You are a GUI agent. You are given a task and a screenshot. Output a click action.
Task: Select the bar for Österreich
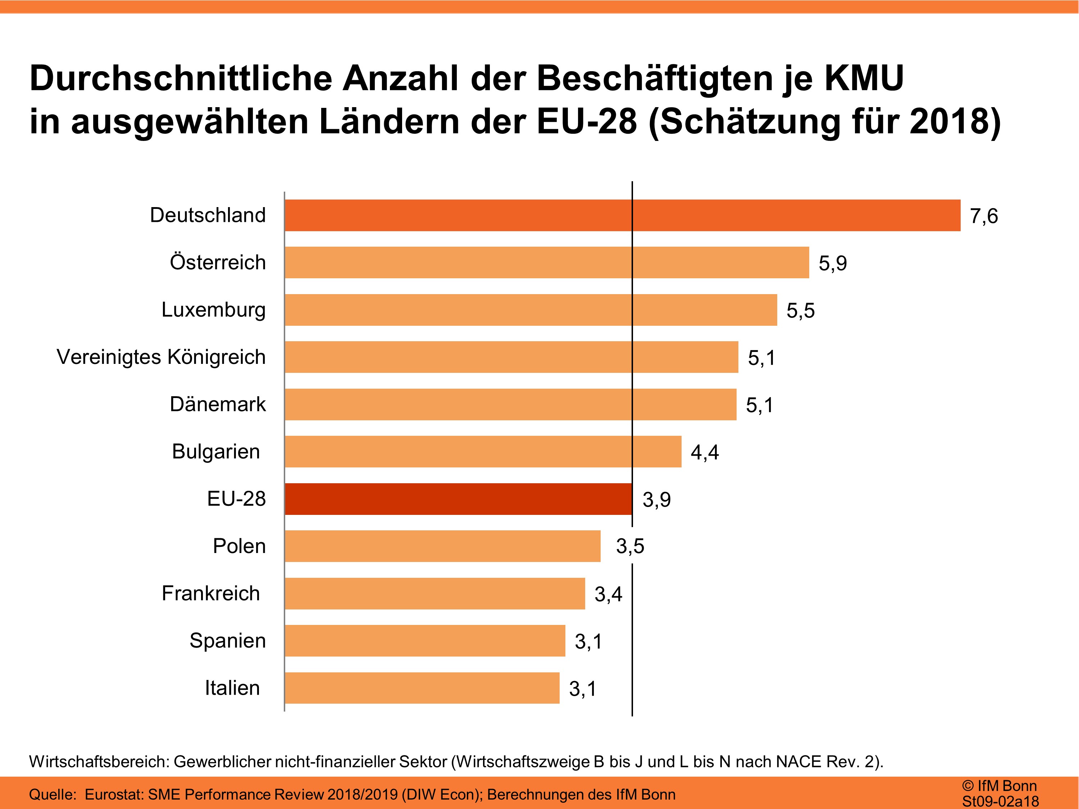[x=546, y=262]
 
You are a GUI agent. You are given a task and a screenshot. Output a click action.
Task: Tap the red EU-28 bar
[x=458, y=499]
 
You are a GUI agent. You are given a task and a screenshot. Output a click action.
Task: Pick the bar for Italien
[x=422, y=687]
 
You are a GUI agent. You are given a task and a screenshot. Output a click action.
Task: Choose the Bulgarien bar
[x=483, y=452]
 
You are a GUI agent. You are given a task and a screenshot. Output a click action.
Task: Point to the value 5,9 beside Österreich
[x=832, y=263]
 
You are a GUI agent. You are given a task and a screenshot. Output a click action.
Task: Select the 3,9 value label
[x=656, y=500]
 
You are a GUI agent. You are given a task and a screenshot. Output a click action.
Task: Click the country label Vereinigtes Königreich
[x=161, y=357]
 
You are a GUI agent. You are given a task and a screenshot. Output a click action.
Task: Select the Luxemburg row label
[x=213, y=310]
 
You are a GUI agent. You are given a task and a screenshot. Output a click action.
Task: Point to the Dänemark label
[x=218, y=404]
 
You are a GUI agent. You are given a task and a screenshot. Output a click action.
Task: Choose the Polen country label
[x=239, y=546]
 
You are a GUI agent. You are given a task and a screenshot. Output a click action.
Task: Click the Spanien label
[x=227, y=641]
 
